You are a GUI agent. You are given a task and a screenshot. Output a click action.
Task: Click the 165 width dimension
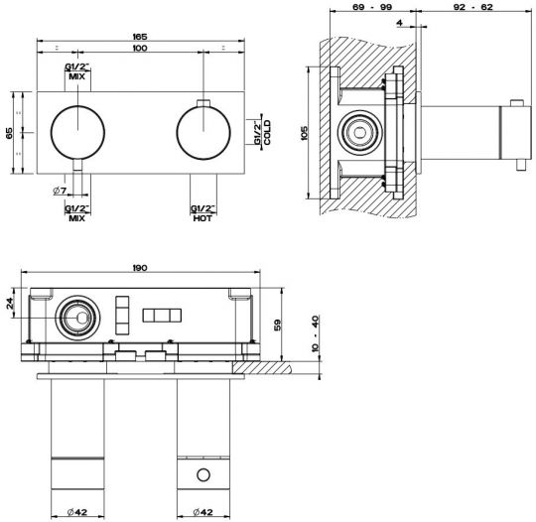(x=140, y=37)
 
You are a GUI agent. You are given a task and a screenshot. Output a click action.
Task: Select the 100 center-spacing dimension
(x=140, y=48)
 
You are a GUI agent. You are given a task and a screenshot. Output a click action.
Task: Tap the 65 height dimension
(x=9, y=133)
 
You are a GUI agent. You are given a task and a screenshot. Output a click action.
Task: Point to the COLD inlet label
(x=267, y=132)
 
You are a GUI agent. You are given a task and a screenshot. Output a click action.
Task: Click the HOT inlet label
(x=202, y=218)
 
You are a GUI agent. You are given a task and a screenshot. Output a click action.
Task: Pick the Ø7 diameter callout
(x=60, y=191)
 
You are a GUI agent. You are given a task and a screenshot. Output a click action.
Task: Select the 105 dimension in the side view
(x=305, y=133)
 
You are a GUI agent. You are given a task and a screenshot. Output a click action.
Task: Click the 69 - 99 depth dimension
(x=372, y=7)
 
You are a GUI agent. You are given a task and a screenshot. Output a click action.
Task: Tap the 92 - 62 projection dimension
(x=472, y=7)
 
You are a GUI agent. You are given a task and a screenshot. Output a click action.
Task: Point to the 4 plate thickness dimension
(x=400, y=23)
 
